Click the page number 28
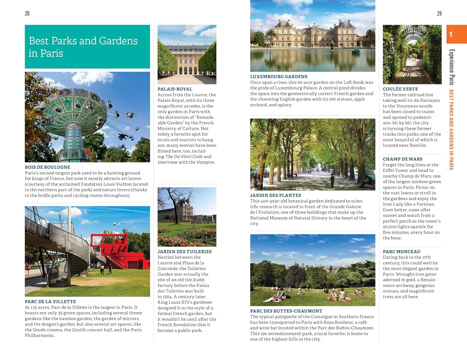27,13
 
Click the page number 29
439,13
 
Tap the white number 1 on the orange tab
450,34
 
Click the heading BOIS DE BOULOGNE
48,167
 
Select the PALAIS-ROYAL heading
175,89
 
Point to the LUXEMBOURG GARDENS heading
279,77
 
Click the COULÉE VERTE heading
400,89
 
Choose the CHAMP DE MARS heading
403,159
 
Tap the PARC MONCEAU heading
402,251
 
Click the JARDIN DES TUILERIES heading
185,251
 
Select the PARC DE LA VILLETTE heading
50,302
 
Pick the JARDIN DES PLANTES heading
276,195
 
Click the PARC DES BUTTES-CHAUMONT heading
286,311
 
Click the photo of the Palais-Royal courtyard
187,54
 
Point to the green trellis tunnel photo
412,54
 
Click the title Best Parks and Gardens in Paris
83,47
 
